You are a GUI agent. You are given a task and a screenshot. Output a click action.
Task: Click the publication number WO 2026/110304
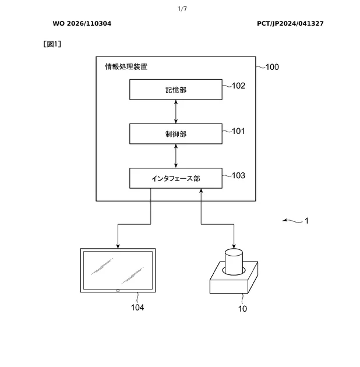[x=82, y=24]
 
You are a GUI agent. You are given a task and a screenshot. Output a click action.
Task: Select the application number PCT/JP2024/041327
[x=290, y=24]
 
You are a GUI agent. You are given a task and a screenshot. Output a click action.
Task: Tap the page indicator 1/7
[x=182, y=9]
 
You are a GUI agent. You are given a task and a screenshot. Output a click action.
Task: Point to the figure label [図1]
[x=52, y=44]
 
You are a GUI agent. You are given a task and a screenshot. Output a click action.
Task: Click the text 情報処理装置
[x=126, y=67]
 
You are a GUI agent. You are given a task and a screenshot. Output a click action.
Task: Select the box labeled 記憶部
[x=176, y=90]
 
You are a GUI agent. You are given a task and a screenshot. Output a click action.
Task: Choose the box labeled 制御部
[x=176, y=134]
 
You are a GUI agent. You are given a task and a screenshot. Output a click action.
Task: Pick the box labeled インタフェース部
[x=176, y=178]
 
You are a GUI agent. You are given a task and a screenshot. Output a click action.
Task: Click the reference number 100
[x=272, y=67]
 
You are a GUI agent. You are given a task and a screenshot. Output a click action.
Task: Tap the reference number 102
[x=238, y=86]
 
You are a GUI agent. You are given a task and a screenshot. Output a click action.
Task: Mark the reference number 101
[x=238, y=131]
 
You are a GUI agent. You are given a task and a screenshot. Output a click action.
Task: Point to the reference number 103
[x=238, y=175]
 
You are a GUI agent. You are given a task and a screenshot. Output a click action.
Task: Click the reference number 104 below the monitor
[x=137, y=308]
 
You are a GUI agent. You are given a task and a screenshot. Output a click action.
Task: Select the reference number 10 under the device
[x=242, y=309]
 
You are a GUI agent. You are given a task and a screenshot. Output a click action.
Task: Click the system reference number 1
[x=306, y=221]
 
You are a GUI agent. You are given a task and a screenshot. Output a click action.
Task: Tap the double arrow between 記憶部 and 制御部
[x=176, y=112]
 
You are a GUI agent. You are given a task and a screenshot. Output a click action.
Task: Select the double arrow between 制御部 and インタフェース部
[x=176, y=156]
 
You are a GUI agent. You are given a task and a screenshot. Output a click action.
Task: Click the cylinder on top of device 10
[x=234, y=262]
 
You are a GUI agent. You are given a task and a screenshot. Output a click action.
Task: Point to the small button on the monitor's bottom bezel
[x=118, y=291]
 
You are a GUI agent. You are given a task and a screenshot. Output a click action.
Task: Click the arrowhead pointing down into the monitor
[x=118, y=246]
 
